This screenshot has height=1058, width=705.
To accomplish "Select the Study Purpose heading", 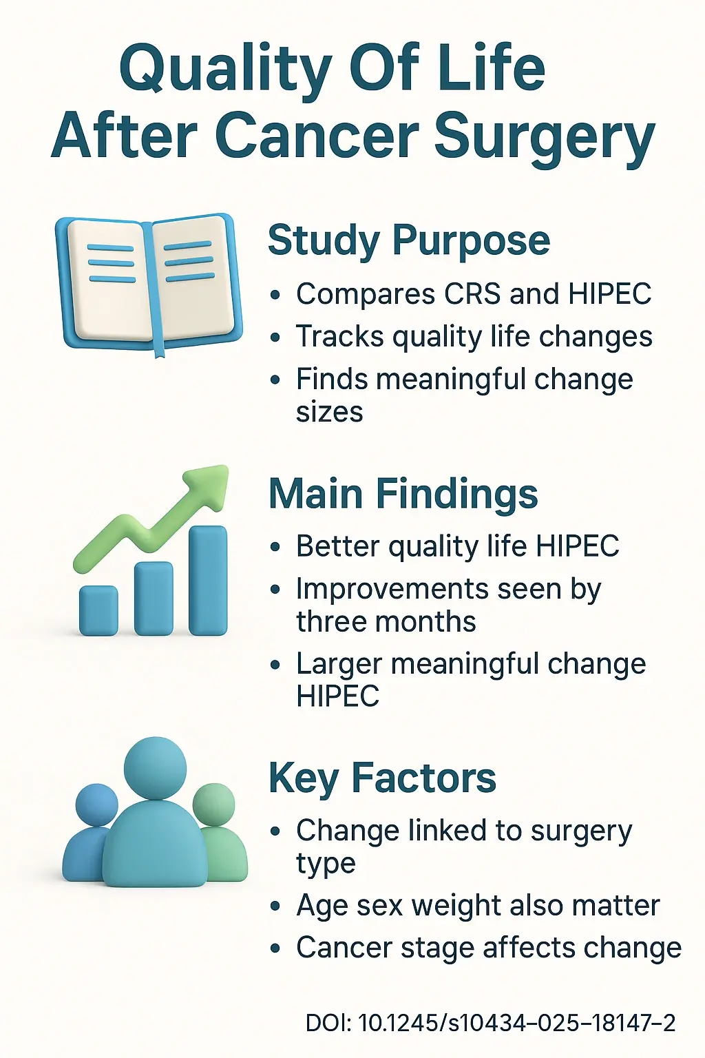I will tap(409, 240).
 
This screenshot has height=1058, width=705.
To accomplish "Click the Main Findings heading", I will tap(403, 494).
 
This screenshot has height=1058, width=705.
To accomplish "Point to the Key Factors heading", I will tap(382, 778).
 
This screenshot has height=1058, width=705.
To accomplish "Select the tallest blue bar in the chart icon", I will tap(207, 580).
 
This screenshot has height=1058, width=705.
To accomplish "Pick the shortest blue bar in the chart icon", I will tap(98, 610).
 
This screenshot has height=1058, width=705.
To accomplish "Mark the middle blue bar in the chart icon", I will tap(154, 598).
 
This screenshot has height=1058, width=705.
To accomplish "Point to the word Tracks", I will tap(330, 337).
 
